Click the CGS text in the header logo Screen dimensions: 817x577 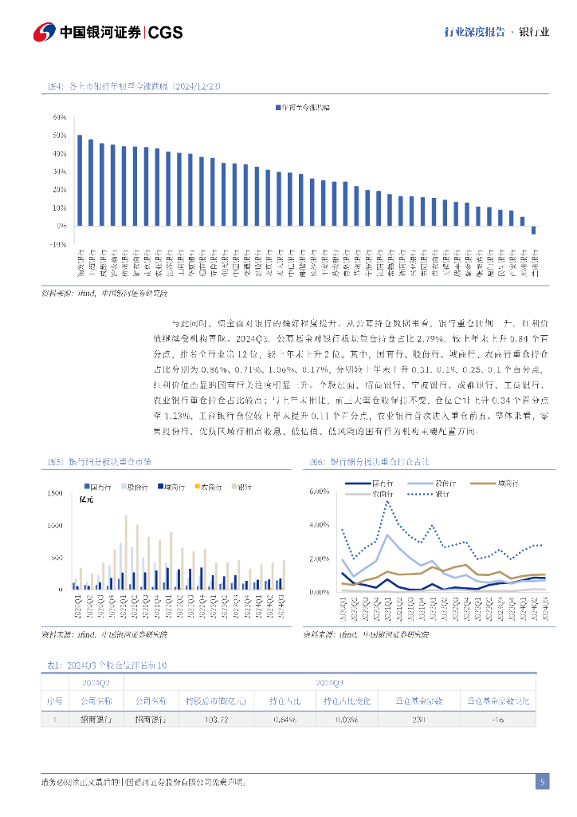(x=166, y=33)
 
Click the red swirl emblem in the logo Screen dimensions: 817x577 (x=44, y=33)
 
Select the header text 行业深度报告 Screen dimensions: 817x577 (x=474, y=33)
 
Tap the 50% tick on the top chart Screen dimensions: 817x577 (x=59, y=135)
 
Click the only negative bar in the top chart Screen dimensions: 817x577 (x=533, y=231)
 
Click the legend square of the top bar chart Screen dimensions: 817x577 (x=278, y=106)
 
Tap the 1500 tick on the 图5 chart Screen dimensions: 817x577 (x=54, y=494)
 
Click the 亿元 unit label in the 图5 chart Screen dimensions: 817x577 (x=87, y=499)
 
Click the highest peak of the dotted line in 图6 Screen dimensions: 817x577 (x=387, y=501)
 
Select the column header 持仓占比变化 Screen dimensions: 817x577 (x=347, y=701)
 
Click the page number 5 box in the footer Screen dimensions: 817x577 (x=542, y=782)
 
